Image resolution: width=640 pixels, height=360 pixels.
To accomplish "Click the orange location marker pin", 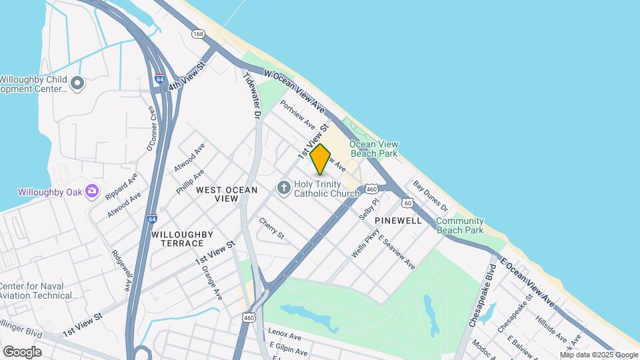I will coord(321,159).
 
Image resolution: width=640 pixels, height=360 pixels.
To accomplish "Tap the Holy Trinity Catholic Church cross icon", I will coord(283,187).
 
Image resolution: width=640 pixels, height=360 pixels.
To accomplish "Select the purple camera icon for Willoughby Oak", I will coord(92,192).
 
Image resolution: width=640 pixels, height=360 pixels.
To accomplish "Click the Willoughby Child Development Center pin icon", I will coord(77,83).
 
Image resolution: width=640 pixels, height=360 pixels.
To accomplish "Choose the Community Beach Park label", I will coord(459,225).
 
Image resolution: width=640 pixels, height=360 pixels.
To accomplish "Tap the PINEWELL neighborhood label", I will coord(398,220).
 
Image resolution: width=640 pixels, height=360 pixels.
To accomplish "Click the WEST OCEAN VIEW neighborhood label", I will coord(227,194).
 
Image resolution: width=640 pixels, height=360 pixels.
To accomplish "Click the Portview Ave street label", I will coord(297,114).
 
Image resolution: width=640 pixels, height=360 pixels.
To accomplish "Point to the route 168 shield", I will coord(198,33).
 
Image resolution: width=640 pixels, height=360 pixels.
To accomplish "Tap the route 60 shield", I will coord(407,202).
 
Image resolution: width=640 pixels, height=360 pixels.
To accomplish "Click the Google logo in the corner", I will coord(22,351).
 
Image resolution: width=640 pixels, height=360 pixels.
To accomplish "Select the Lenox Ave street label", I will coord(281,331).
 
